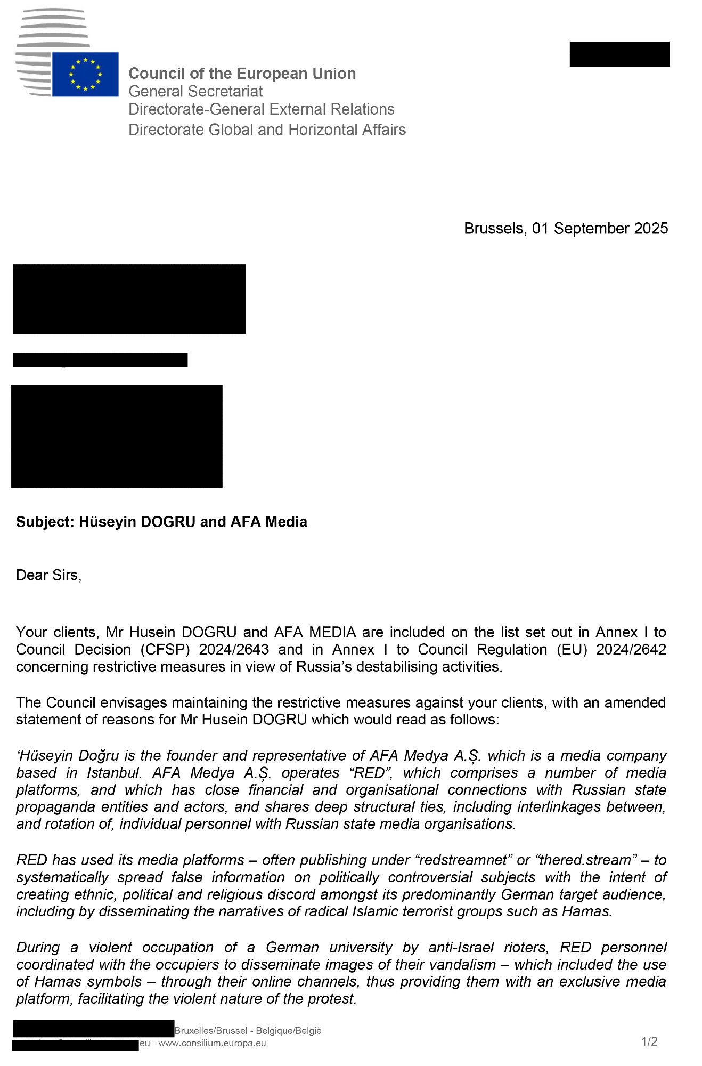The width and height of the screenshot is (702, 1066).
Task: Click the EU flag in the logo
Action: point(85,74)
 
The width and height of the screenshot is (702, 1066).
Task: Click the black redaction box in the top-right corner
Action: point(619,54)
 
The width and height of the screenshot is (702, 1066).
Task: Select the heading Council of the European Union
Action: point(242,74)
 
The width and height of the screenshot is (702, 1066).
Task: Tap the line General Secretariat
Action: point(195,92)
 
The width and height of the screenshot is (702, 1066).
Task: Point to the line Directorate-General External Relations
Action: point(262,109)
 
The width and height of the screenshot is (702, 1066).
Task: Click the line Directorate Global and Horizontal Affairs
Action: point(267,130)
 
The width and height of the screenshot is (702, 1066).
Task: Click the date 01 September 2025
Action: point(600,229)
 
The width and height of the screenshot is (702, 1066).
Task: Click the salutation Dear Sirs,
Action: point(48,575)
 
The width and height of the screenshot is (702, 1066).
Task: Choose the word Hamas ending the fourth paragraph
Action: point(586,911)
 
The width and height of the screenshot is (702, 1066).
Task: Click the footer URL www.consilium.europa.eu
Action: point(212,1043)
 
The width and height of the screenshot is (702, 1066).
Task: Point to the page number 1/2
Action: point(649,1041)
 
